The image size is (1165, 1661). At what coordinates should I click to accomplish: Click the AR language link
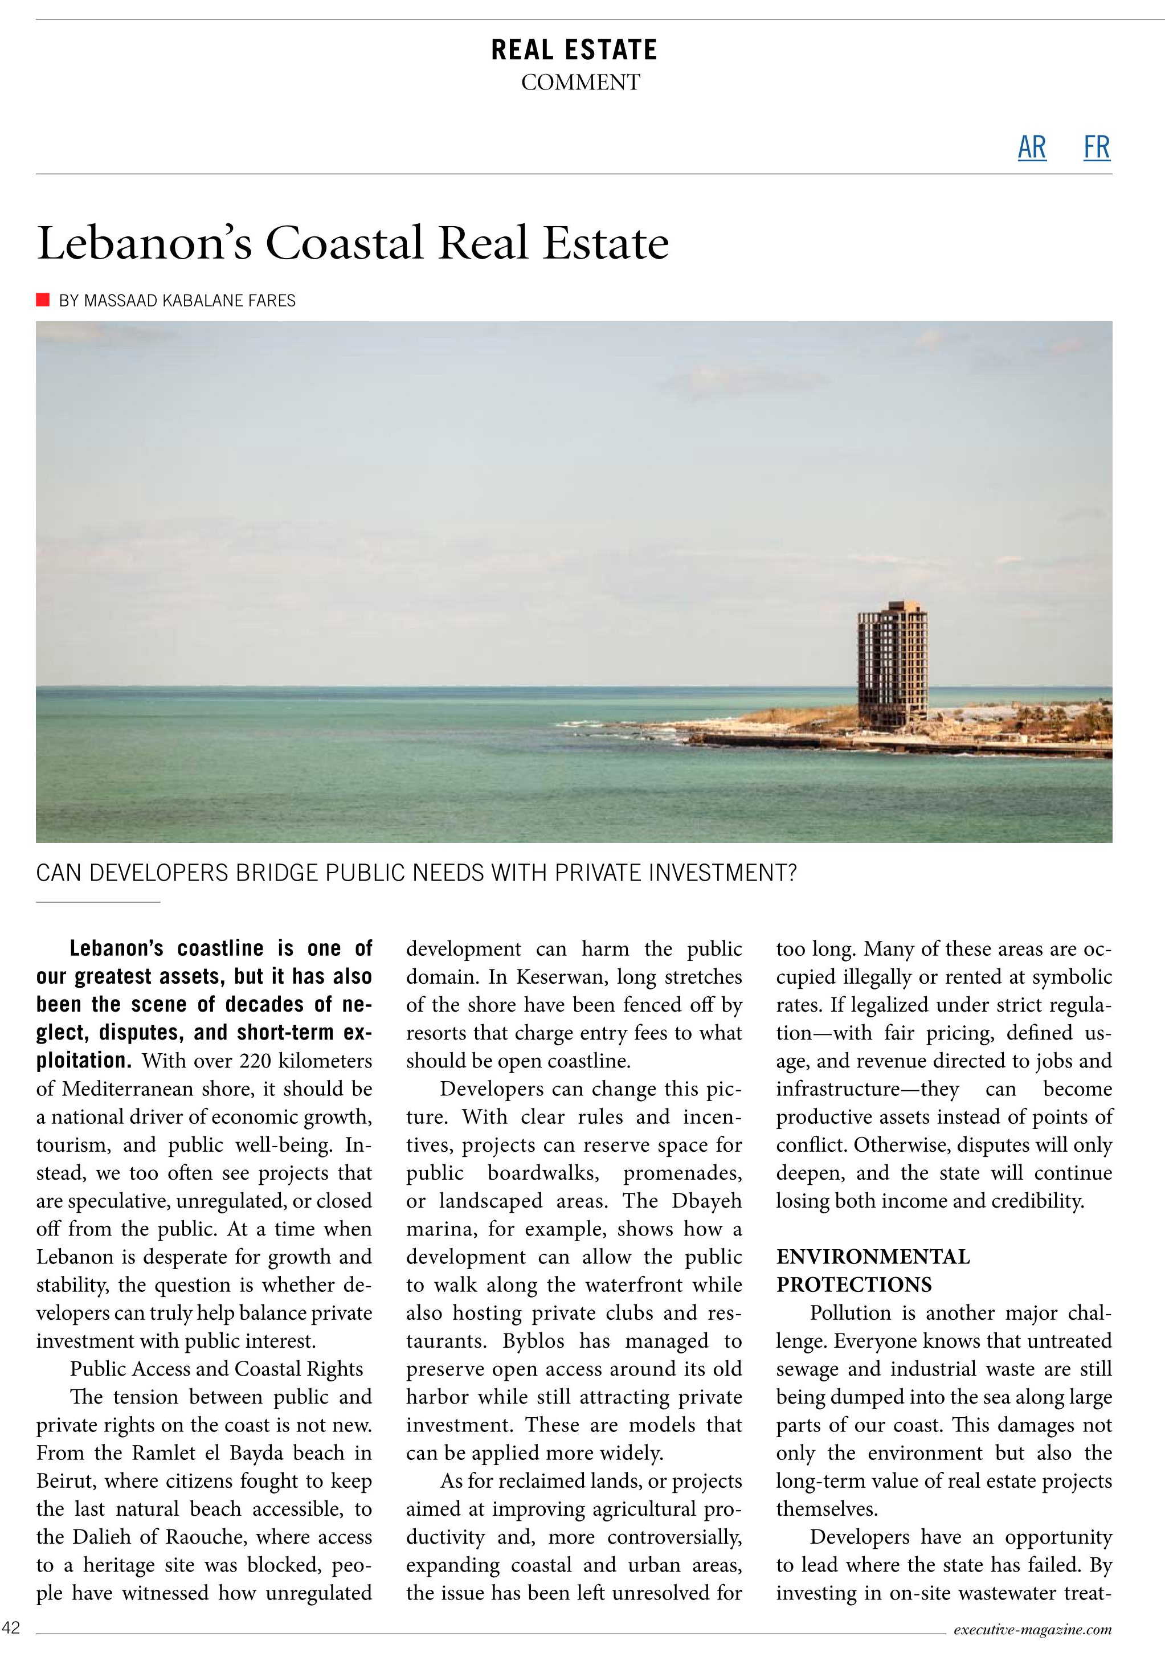[1031, 147]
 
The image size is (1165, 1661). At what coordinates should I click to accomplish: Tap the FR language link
[1096, 147]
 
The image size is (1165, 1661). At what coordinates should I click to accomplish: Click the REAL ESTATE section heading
[574, 50]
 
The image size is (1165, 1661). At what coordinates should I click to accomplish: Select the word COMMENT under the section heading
[581, 83]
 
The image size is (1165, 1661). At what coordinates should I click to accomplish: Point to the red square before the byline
[43, 300]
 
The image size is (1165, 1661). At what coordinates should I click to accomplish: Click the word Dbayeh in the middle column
[706, 1201]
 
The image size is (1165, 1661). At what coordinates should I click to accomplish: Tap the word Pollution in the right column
[850, 1313]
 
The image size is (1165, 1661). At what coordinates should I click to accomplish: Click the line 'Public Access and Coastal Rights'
[216, 1369]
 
